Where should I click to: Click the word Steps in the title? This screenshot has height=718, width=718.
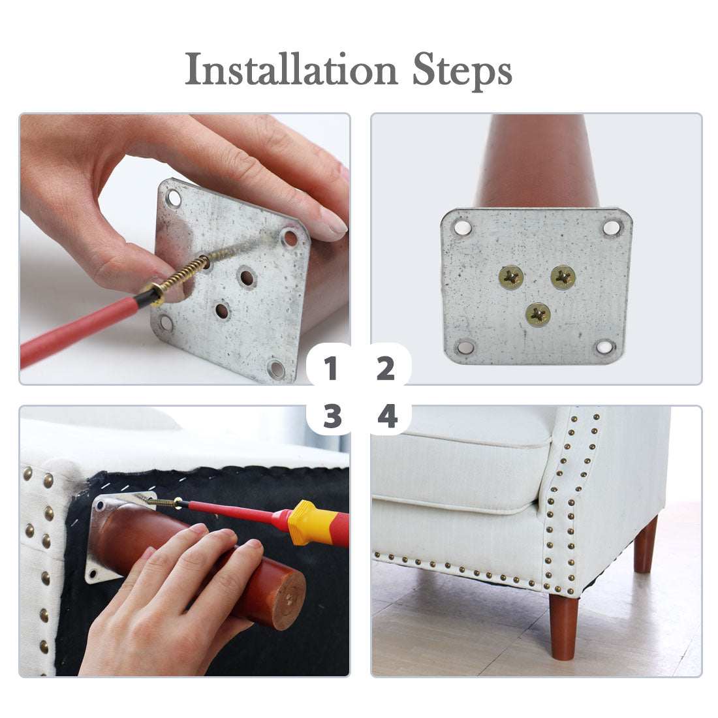462,71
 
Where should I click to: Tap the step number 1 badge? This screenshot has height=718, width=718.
330,368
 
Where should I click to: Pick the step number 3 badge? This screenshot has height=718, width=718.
332,416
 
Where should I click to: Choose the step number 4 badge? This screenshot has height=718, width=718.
387,416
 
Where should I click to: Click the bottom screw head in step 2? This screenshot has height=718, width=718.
538,315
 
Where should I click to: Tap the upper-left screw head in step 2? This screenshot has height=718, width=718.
511,277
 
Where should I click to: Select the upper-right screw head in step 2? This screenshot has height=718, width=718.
563,277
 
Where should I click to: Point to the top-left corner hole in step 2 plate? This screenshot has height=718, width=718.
462,227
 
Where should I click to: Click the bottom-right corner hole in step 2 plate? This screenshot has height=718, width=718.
604,347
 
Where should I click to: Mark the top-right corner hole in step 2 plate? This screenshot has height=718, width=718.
612,228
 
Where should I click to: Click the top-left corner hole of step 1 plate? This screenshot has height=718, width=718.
174,198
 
